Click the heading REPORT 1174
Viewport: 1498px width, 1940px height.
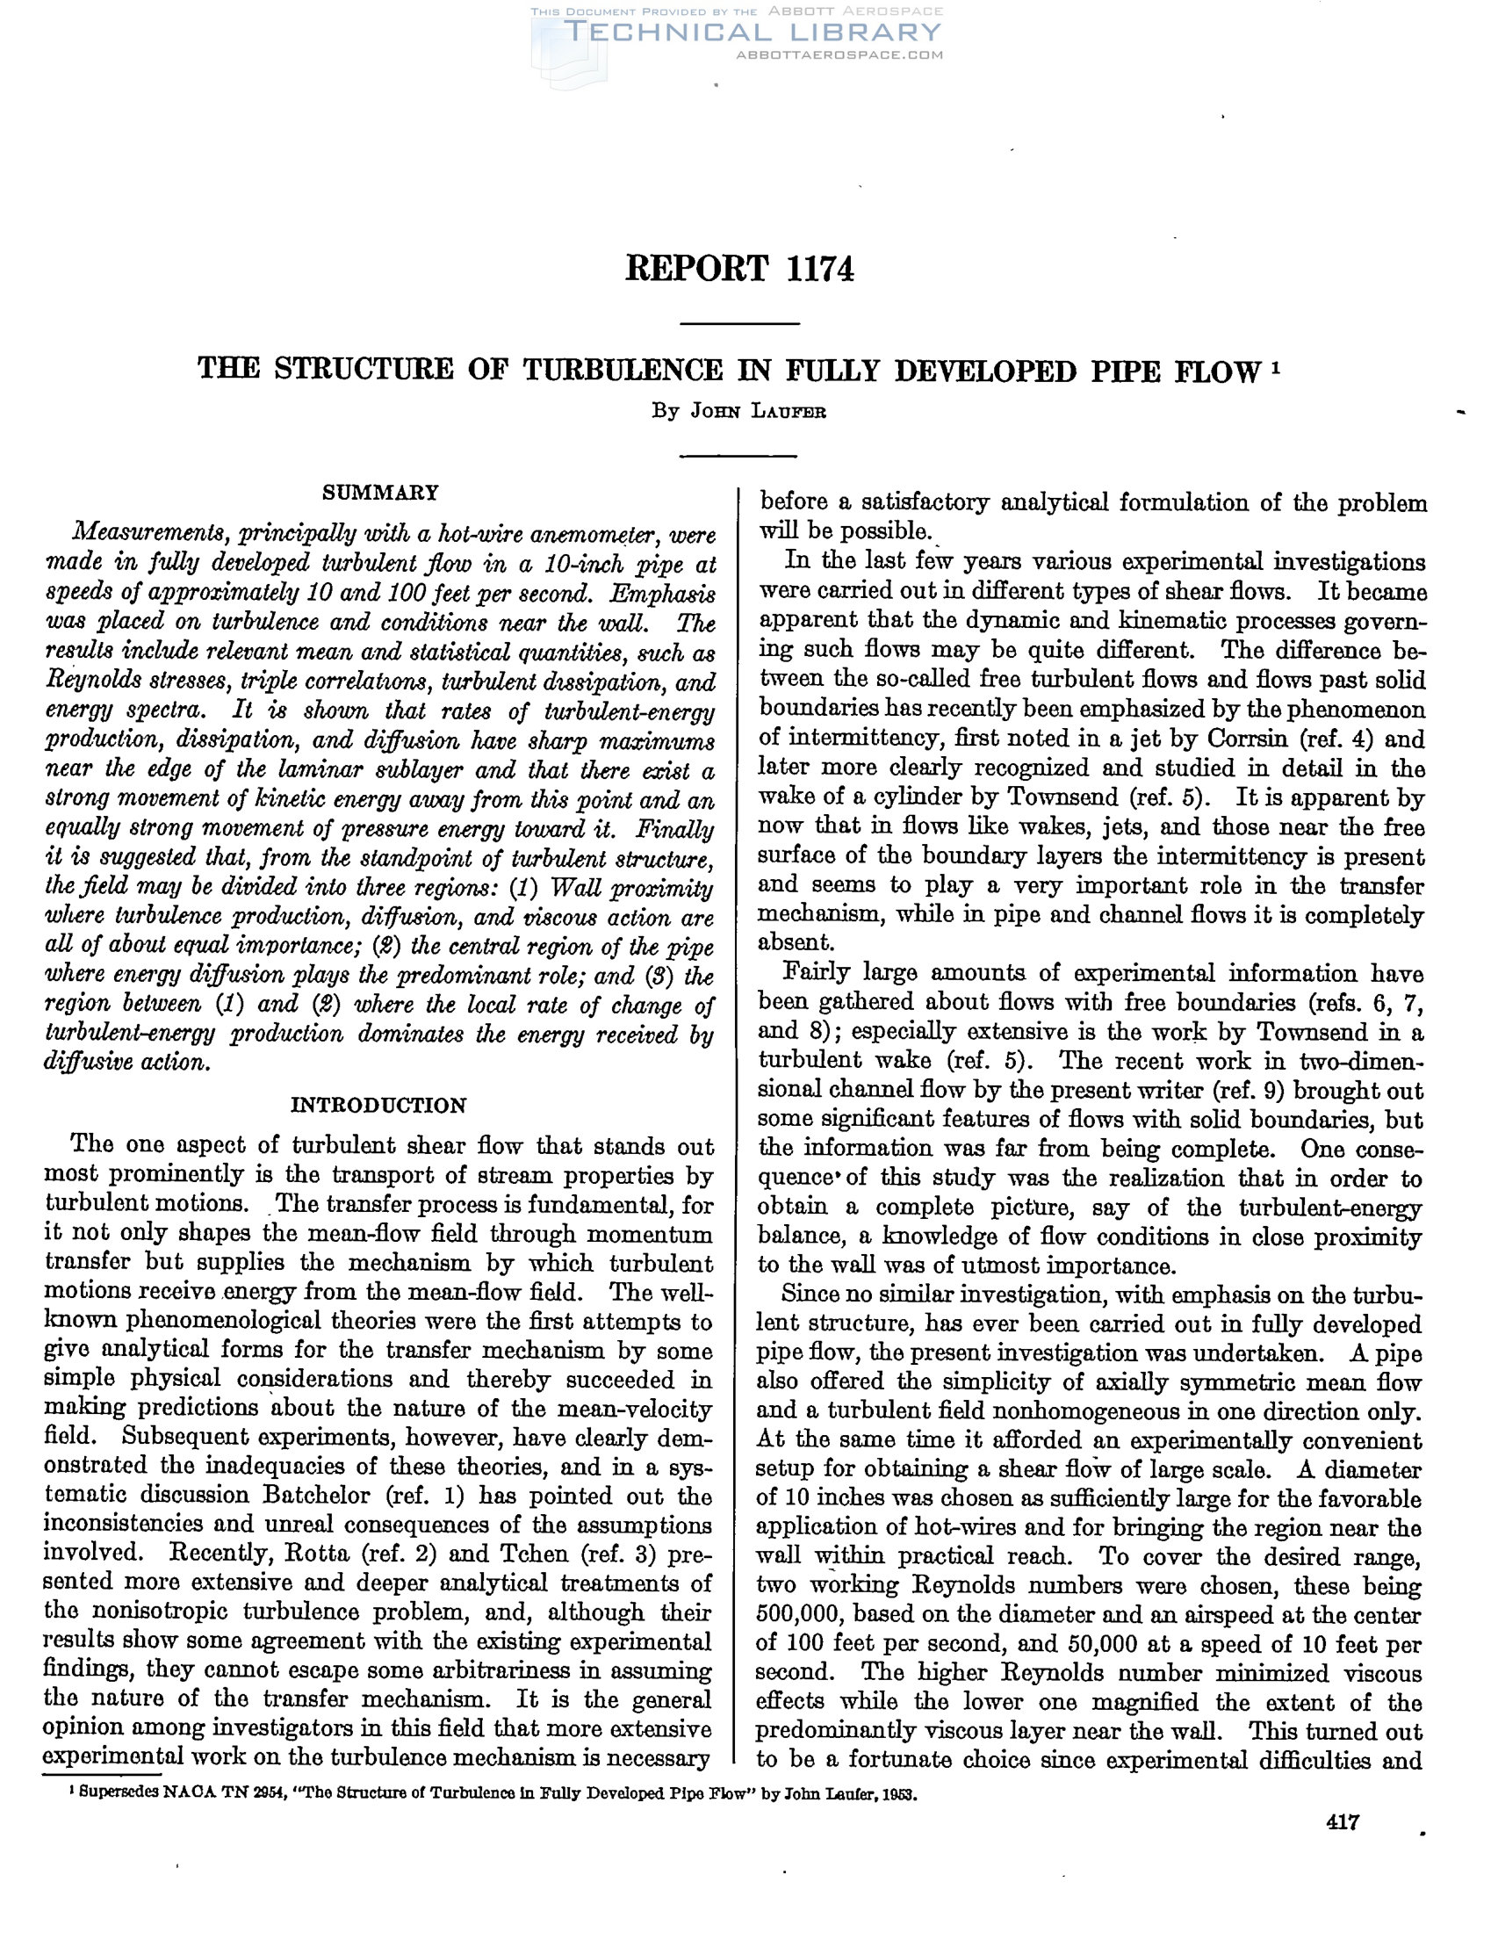738,268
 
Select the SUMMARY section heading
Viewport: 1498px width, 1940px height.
380,492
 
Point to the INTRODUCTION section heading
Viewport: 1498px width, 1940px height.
378,1105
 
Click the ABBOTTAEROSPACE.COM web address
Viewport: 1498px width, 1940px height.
839,55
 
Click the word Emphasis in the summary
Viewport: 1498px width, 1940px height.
669,594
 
